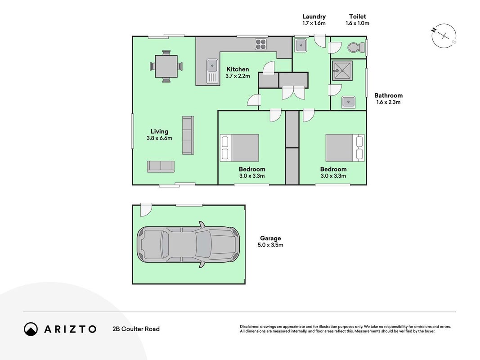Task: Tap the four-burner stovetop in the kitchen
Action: click(x=261, y=45)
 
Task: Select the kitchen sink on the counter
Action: click(x=212, y=71)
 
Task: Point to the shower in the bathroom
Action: click(x=342, y=71)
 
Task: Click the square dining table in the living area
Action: click(x=166, y=66)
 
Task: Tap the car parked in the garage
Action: click(x=188, y=244)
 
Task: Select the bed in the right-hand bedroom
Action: click(x=345, y=148)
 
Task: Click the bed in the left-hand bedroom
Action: click(x=239, y=148)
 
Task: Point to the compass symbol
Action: click(x=444, y=36)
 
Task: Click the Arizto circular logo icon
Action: click(x=31, y=329)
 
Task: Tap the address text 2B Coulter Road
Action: click(x=136, y=329)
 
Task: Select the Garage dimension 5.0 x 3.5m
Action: click(x=270, y=245)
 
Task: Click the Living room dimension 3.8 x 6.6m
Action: click(x=159, y=138)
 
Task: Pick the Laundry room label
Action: click(x=314, y=17)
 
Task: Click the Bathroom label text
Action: click(x=388, y=95)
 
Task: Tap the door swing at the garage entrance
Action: click(x=146, y=210)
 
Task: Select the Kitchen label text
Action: click(x=238, y=69)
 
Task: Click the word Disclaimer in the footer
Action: click(x=250, y=327)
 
